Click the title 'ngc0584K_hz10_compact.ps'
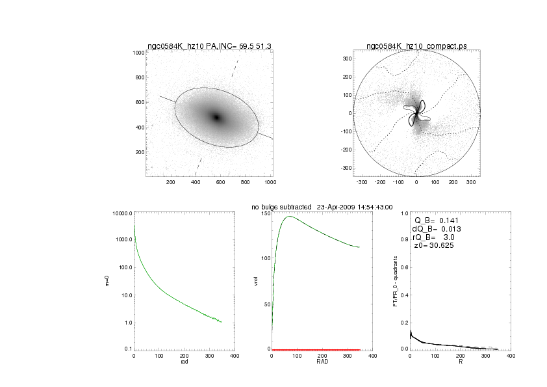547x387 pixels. (416, 46)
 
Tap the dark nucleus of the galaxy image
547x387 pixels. (217, 117)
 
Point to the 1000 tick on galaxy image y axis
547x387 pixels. (138, 53)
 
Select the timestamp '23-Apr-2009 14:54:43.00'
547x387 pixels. (355, 207)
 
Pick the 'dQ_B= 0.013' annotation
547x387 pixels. (435, 229)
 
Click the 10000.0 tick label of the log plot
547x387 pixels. (122, 214)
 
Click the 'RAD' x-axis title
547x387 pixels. (322, 362)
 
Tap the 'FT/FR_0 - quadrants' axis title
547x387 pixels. (396, 281)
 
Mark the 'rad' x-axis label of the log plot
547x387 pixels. (184, 362)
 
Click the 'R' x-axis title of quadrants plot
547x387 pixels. (461, 362)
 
